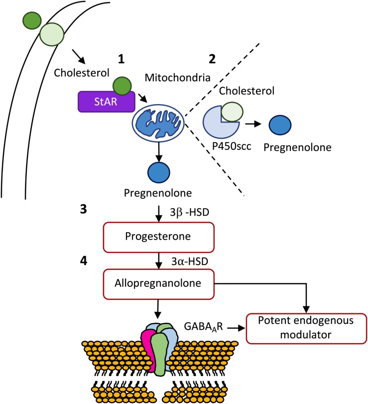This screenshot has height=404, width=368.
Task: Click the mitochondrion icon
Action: coord(158,122)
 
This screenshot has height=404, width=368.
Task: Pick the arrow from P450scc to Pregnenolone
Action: coord(254,124)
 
